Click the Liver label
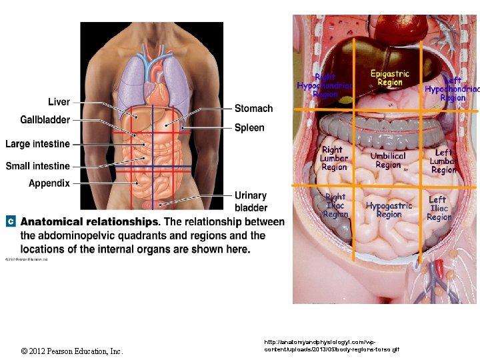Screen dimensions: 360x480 pyautogui.click(x=59, y=102)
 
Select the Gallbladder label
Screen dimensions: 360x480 pyautogui.click(x=45, y=120)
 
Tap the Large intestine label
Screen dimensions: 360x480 pyautogui.click(x=37, y=144)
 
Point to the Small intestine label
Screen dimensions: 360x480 pyautogui.click(x=37, y=166)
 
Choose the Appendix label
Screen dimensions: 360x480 pyautogui.click(x=49, y=183)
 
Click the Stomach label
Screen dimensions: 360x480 pyautogui.click(x=253, y=109)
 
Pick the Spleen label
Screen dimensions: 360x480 pyautogui.click(x=249, y=127)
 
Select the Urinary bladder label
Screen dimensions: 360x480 pyautogui.click(x=251, y=201)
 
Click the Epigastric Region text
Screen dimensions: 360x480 pyautogui.click(x=390, y=77)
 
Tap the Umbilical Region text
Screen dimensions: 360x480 pyautogui.click(x=388, y=160)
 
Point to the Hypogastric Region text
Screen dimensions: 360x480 pyautogui.click(x=389, y=210)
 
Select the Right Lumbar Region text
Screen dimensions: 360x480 pyautogui.click(x=334, y=159)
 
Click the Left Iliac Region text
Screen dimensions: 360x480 pyautogui.click(x=439, y=208)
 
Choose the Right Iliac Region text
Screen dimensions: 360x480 pyautogui.click(x=335, y=205)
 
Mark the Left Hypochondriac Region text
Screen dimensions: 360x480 pyautogui.click(x=452, y=89)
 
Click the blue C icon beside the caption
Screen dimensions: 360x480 pyautogui.click(x=11, y=221)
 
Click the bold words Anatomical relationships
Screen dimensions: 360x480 pyautogui.click(x=89, y=222)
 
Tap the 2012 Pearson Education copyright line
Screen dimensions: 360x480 pyautogui.click(x=72, y=351)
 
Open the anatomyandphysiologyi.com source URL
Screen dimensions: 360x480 pyautogui.click(x=331, y=345)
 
